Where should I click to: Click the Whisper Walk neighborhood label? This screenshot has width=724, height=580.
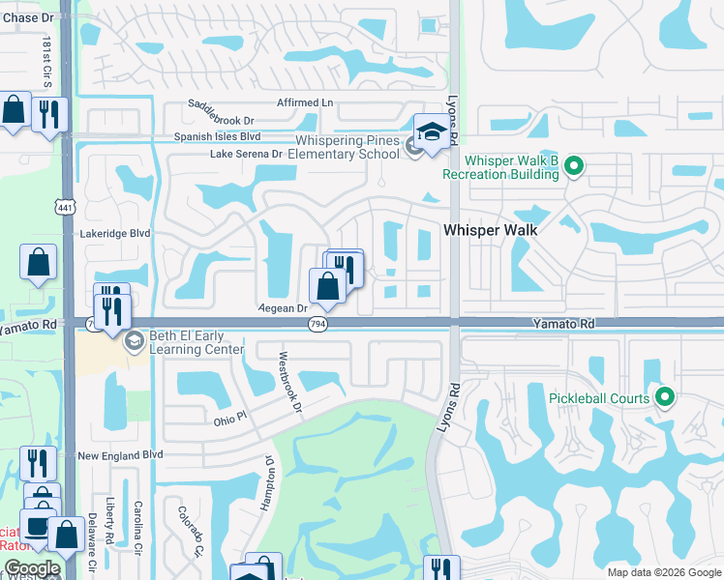point(490,231)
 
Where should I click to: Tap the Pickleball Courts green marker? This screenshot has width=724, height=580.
point(664,397)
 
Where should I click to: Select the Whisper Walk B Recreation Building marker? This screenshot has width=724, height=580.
point(573,167)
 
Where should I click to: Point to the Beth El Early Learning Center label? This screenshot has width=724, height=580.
point(190,342)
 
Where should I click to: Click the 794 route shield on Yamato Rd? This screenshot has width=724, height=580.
point(318,324)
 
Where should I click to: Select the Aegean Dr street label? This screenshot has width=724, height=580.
point(283,308)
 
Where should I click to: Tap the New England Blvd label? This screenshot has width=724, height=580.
point(120,454)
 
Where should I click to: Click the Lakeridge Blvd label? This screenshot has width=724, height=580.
point(115,233)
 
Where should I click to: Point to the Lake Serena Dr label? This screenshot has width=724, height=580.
point(246,154)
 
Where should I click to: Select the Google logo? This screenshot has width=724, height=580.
point(32,568)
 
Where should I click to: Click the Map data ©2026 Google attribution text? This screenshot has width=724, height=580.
point(664,572)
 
